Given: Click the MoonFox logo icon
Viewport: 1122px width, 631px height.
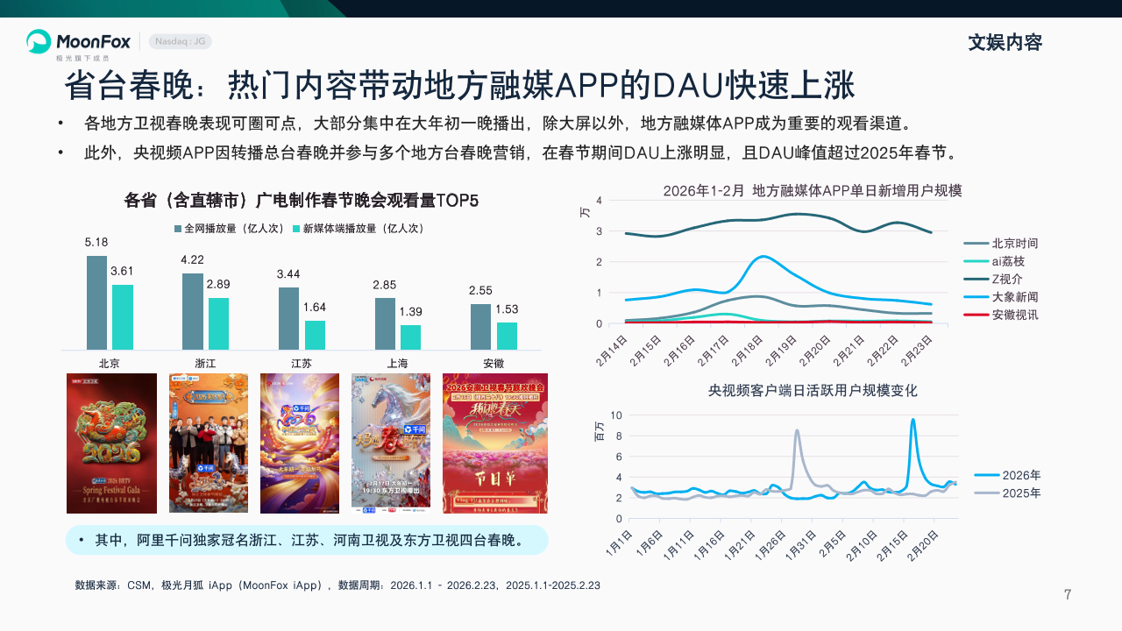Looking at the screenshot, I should coord(39,41).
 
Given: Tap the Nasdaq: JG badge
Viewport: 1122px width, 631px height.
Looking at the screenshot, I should coord(180,41).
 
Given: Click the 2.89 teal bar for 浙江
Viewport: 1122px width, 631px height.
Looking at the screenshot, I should coord(218,323).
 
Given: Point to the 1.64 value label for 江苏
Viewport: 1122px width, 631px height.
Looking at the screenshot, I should coord(314,308).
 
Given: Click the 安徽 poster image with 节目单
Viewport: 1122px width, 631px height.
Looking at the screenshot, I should coord(494,443).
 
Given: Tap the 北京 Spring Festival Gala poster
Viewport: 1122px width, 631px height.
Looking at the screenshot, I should coord(111,443).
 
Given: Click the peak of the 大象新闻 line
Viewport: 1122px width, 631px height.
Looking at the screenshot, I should coord(763,257).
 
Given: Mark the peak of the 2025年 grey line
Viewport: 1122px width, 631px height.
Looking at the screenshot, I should coord(797,430).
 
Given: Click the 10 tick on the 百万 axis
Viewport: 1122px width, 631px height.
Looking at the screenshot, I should coord(616,415).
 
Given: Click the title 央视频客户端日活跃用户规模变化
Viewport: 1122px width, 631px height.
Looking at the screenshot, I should coord(813,390).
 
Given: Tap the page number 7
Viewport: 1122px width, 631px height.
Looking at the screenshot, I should coord(1068,595).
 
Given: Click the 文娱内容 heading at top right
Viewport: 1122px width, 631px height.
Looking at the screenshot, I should coord(1005,42).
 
